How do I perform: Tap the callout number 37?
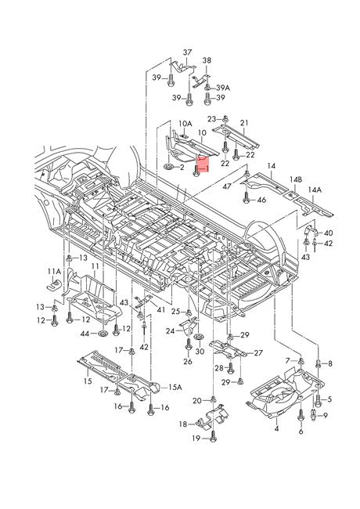point(187,52)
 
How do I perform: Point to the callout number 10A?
point(184,124)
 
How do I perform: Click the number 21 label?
point(243,123)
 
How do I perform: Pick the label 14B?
point(295,179)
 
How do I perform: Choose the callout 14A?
point(314,190)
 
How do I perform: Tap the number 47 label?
point(226,187)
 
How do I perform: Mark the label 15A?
point(176,387)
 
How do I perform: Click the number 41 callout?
point(161,310)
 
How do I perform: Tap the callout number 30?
point(199,352)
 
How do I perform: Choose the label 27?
point(257,353)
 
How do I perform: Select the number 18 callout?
point(182,424)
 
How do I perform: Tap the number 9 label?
point(324,416)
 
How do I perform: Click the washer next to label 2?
point(169,168)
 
